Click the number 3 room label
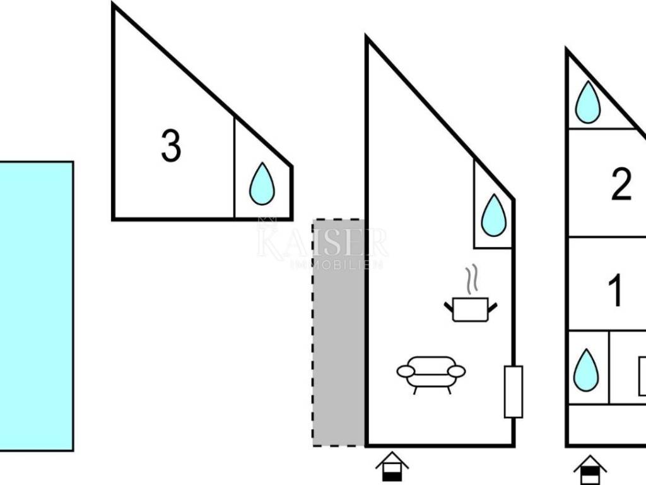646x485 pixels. [x=171, y=146]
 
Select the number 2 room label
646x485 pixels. [x=621, y=186]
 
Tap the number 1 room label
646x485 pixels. [x=616, y=290]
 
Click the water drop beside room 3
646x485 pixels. [x=262, y=184]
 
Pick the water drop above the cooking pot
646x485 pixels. [x=493, y=216]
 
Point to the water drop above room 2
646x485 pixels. [x=588, y=102]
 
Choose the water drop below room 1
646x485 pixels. [x=585, y=370]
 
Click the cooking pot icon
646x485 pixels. [x=471, y=309]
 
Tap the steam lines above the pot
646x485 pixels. [x=470, y=279]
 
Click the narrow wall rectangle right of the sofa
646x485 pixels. [x=514, y=392]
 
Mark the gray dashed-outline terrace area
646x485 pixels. [x=339, y=333]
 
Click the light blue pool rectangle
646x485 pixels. [x=36, y=306]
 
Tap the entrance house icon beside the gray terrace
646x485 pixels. [x=392, y=468]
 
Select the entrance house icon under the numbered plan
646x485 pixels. [x=590, y=470]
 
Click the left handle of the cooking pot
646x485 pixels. [x=449, y=307]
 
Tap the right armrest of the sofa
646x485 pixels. [x=457, y=371]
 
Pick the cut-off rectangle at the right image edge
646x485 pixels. [x=642, y=376]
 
